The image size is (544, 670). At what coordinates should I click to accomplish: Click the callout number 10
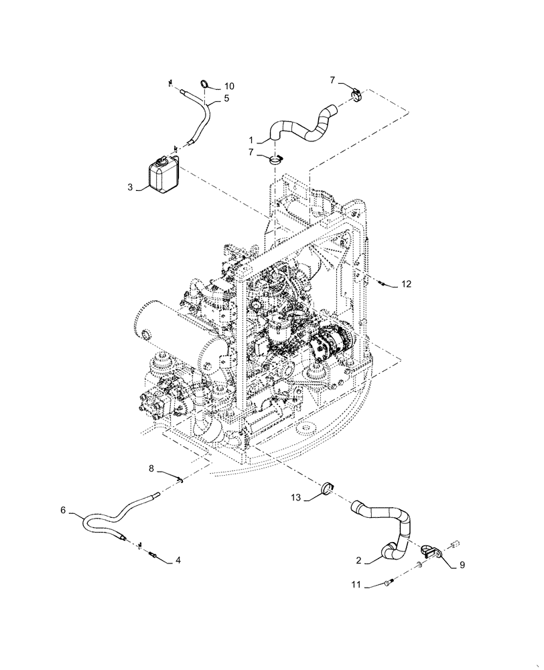(230, 86)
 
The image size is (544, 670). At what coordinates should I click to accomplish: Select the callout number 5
(226, 98)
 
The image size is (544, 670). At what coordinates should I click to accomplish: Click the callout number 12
(406, 285)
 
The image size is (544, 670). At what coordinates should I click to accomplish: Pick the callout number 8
(151, 469)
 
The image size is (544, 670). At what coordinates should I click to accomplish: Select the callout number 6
(63, 510)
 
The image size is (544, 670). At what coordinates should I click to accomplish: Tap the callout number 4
(177, 559)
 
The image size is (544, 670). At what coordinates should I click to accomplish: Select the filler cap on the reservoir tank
(163, 160)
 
